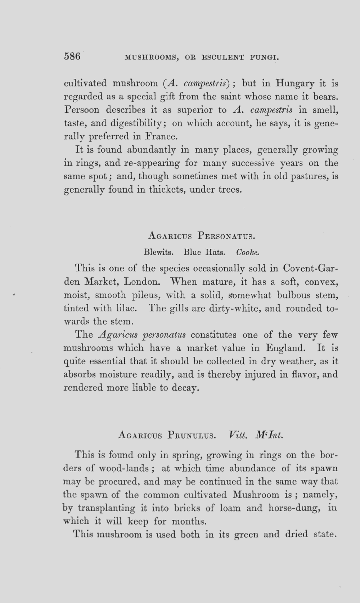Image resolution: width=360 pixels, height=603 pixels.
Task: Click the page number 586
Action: [x=72, y=57]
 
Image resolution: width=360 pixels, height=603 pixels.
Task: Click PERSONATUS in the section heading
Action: [x=226, y=237]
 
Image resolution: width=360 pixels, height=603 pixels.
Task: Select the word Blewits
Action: [x=159, y=252]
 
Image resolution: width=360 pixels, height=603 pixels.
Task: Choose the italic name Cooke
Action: [x=248, y=252]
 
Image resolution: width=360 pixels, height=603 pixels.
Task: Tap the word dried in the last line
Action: [x=296, y=534]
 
